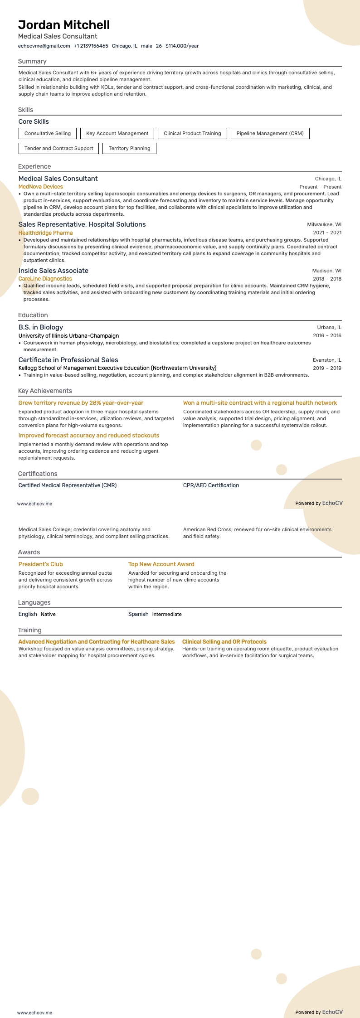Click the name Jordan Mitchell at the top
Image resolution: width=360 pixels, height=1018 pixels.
coord(64,25)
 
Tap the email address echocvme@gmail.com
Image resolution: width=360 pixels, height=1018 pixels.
coord(44,46)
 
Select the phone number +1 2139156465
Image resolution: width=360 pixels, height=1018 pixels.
coord(91,46)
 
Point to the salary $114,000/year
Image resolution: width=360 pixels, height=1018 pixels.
coord(182,46)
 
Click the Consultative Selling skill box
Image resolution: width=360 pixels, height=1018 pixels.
coord(48,133)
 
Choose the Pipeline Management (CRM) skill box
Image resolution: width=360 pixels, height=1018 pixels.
coord(270,133)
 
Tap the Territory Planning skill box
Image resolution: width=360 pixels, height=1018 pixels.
coord(129,148)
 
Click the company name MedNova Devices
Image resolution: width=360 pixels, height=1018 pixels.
coord(41,187)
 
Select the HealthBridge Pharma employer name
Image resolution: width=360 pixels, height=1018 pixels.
coord(45,233)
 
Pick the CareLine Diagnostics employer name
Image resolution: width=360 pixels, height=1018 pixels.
coord(45,279)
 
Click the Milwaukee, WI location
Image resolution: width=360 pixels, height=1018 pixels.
coord(324,224)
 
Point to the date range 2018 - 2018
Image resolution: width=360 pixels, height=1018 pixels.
coord(327,279)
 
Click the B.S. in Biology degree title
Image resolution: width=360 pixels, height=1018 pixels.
coord(41,327)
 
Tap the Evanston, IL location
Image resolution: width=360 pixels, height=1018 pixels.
coord(327,360)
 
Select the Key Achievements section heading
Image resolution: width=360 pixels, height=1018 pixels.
coord(45,391)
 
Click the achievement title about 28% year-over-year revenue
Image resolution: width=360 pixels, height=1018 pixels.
coord(81,403)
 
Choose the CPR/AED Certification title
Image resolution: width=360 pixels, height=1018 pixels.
coord(211,485)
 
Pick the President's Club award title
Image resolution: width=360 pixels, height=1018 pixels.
coord(41,564)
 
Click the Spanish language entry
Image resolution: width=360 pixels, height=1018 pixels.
coord(138,614)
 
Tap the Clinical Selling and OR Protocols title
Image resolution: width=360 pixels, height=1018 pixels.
coord(224,642)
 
